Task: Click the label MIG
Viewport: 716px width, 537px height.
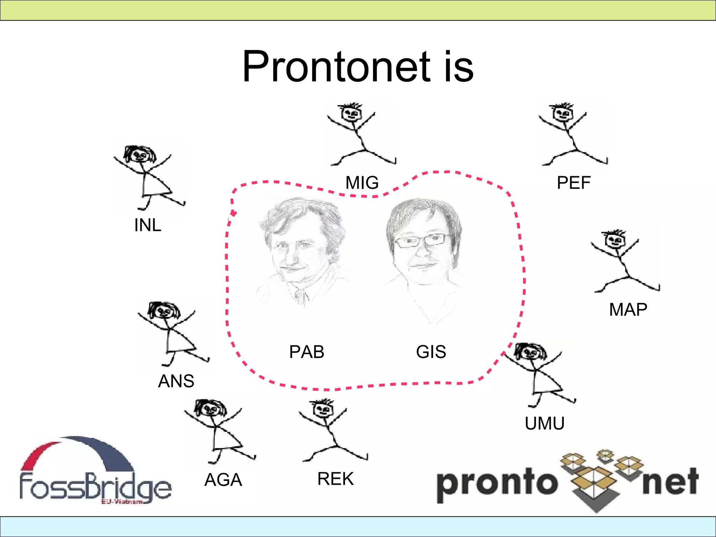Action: coord(362,182)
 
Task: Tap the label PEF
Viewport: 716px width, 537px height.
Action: coord(573,182)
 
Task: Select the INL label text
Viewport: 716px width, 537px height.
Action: coord(148,225)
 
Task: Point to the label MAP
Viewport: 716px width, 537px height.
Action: coord(628,309)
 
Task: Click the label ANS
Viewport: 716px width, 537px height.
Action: coord(176,381)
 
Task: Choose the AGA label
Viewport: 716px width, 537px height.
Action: coord(223,480)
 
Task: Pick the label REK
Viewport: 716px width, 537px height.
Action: coord(335,479)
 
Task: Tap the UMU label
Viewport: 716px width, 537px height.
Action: coord(544,423)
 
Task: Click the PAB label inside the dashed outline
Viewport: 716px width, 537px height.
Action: coord(307,352)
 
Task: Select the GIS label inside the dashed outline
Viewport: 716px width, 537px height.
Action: coord(431,352)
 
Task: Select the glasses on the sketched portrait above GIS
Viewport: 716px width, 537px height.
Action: coord(421,240)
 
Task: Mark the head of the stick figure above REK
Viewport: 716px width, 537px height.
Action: coord(323,409)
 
